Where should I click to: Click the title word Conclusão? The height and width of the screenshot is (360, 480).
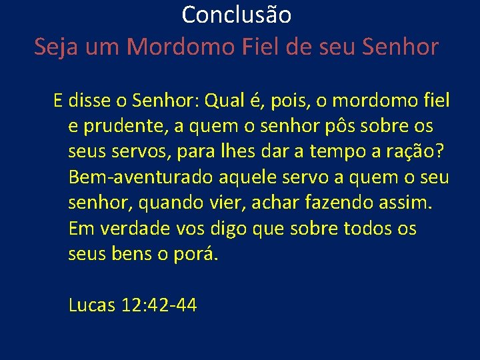coord(236,14)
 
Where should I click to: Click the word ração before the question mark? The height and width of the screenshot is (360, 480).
coord(409,152)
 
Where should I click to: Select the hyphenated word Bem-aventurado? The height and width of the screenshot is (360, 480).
coord(141,178)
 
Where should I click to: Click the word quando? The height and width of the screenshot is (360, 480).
coord(164,203)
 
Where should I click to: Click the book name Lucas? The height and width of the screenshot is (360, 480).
coord(92,305)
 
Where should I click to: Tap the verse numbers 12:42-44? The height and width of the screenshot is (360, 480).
coord(159,305)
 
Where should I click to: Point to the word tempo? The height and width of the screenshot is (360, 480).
coord(337,152)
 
